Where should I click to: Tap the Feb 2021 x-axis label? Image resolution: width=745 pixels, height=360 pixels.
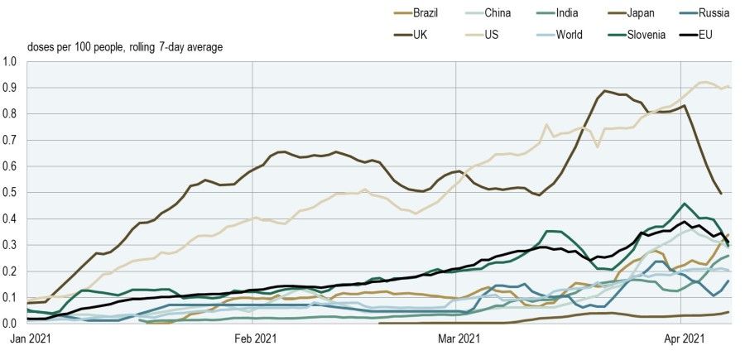click(254, 338)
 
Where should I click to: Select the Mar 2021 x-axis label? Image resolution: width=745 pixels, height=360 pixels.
click(458, 338)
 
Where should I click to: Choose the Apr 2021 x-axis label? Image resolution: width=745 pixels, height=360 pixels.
click(680, 338)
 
